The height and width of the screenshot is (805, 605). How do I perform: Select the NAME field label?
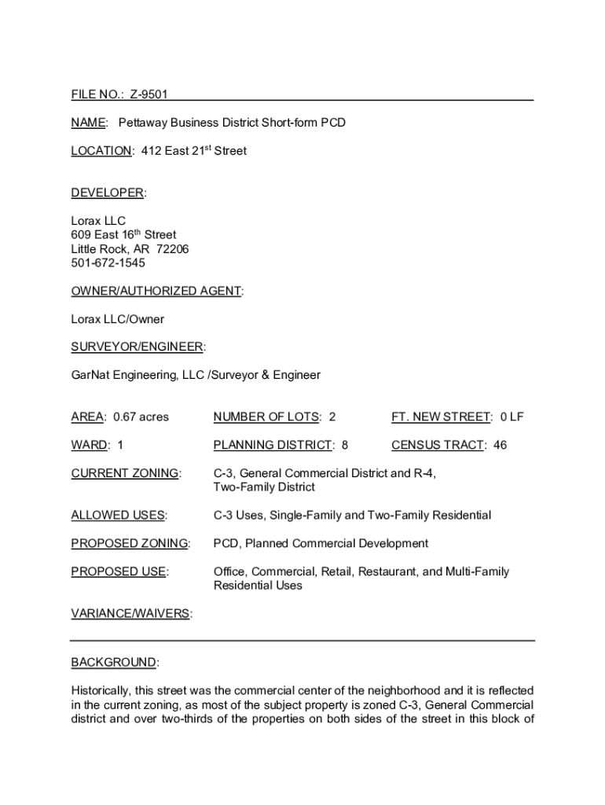88,123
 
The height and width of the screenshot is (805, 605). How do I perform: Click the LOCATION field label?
101,151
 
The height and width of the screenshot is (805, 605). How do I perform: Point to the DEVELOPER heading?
108,193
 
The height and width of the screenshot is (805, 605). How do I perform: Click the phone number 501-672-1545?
108,263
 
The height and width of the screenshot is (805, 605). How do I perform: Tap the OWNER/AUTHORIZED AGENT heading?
156,291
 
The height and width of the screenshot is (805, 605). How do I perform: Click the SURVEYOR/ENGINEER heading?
137,347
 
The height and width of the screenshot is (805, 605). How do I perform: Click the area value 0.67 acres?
141,417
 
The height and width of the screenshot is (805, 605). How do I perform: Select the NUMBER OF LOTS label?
266,417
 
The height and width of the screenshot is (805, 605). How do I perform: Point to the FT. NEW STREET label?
442,417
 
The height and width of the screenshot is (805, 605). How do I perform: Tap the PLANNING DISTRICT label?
273,445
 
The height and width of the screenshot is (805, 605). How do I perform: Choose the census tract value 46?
500,445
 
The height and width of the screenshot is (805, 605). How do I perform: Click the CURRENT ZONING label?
125,473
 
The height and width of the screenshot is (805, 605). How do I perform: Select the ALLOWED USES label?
118,516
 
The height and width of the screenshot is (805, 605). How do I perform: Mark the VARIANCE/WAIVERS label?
130,614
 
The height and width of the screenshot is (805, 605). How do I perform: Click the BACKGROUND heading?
113,663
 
